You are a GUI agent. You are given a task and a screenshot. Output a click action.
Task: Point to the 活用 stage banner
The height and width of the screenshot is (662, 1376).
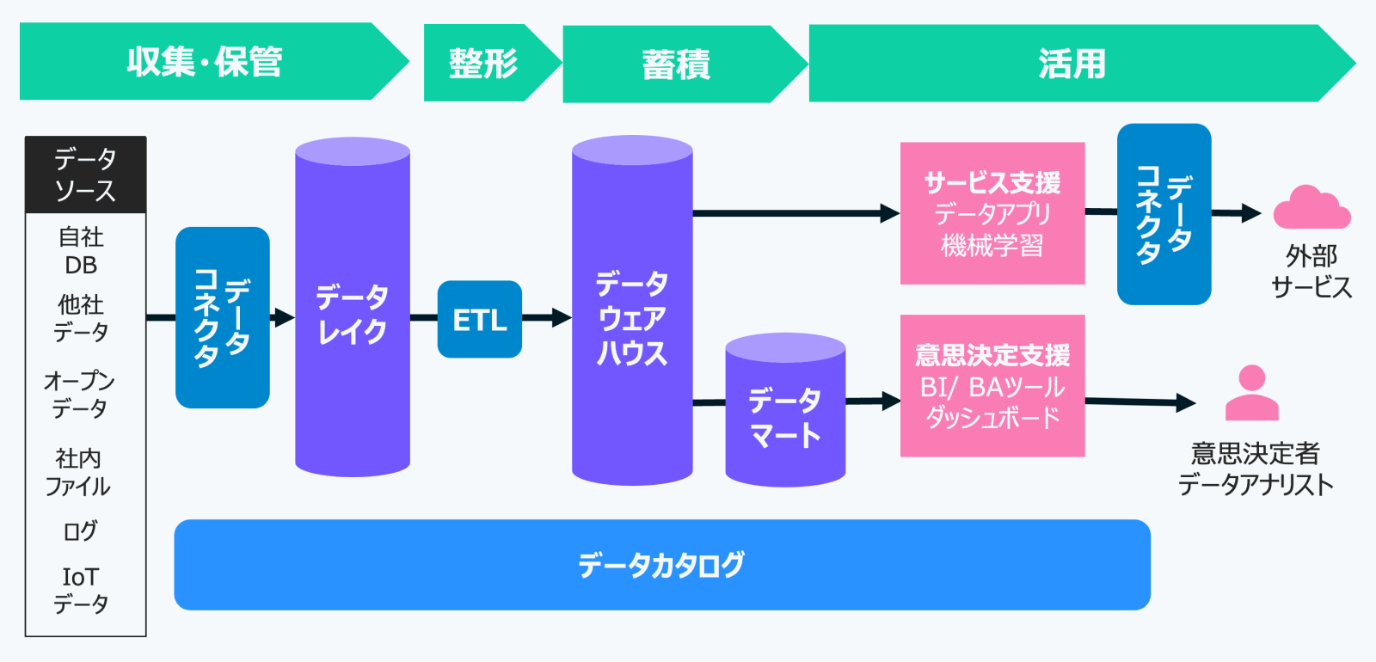click(x=1082, y=64)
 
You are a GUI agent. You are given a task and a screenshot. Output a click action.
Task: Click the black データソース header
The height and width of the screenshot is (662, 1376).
click(x=85, y=175)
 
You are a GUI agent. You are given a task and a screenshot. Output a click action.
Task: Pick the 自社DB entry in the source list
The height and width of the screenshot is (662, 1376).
click(x=81, y=250)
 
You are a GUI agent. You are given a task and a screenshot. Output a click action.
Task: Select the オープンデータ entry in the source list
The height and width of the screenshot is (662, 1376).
click(x=79, y=395)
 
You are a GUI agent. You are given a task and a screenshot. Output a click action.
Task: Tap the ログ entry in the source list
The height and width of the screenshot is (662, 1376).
click(x=80, y=530)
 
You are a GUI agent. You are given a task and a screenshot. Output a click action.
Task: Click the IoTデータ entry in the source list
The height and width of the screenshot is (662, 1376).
click(x=81, y=590)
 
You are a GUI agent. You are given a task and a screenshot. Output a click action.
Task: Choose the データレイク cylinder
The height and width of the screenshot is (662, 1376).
click(x=353, y=306)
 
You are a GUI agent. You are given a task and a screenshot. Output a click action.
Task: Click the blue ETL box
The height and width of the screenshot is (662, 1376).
click(x=480, y=319)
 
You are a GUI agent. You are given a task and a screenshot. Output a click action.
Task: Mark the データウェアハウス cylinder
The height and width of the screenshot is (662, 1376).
click(x=632, y=310)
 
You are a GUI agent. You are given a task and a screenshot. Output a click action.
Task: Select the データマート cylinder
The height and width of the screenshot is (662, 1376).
click(x=785, y=409)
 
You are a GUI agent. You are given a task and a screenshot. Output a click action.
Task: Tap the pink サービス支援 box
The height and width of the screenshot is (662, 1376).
click(x=992, y=213)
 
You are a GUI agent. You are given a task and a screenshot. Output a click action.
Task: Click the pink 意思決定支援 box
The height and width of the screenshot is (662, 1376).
click(x=992, y=386)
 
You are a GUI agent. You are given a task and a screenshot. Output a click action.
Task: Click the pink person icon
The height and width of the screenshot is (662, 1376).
click(x=1252, y=393)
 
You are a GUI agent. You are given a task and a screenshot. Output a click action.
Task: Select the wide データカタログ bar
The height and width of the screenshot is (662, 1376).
click(x=662, y=565)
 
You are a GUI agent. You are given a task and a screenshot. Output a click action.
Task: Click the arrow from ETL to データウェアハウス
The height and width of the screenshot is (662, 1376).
click(x=547, y=317)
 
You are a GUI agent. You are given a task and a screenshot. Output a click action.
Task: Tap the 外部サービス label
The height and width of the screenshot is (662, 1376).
click(x=1311, y=272)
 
